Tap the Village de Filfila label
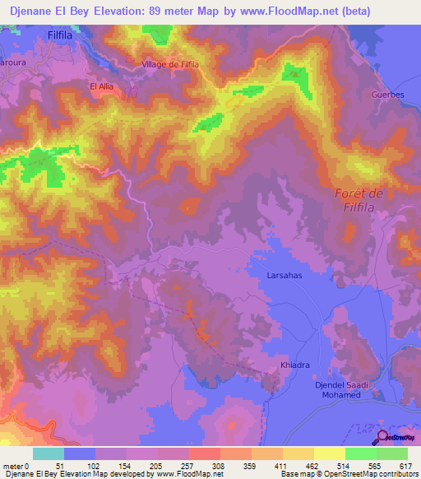point(171,64)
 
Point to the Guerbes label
point(387,95)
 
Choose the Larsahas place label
point(285,277)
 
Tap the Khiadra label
point(294,363)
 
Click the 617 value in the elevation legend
point(405,466)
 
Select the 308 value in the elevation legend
point(218,466)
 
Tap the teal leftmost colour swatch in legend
point(49,453)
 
